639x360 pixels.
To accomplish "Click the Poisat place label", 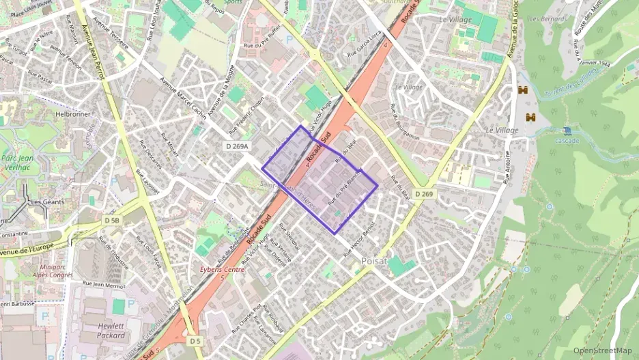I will click(x=375, y=260).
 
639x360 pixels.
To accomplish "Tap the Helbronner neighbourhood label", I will click(x=73, y=114).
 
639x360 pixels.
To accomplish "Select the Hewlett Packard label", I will click(x=111, y=331).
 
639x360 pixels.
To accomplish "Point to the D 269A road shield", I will click(x=238, y=146).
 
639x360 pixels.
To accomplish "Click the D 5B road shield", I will click(x=113, y=221).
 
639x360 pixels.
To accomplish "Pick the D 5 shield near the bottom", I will click(x=196, y=340).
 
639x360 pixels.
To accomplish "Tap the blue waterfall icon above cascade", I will click(x=567, y=130).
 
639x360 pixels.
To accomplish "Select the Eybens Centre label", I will click(x=219, y=271).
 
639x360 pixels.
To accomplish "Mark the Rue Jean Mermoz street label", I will click(x=104, y=283).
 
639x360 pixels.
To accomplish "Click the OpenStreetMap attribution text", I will click(x=603, y=350).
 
